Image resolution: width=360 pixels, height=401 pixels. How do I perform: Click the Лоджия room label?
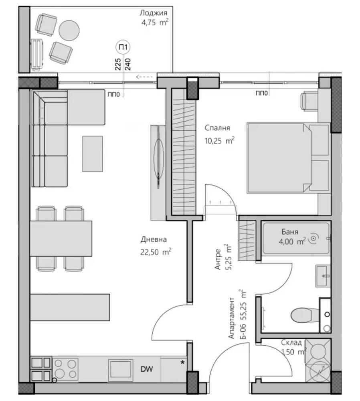coord(153,13)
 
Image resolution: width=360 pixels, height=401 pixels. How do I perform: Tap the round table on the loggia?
coord(69,30)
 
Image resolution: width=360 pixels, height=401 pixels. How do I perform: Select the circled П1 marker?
coord(123,47)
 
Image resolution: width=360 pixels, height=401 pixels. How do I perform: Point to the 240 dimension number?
coord(127,64)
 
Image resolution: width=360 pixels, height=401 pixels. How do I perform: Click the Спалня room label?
coord(217,128)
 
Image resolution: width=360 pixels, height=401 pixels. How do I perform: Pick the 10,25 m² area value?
coord(219,140)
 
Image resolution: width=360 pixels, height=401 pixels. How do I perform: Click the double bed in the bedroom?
coord(288,158)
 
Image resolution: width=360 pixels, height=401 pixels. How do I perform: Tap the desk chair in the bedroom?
coord(309,101)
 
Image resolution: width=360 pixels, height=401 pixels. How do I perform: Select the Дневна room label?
coord(154,239)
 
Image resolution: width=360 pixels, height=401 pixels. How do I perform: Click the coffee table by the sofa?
coord(93,154)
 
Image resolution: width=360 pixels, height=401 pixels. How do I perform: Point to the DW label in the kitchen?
coord(147,369)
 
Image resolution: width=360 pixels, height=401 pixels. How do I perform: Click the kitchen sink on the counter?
coord(121,370)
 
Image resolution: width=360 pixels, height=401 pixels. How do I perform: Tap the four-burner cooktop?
coord(65,369)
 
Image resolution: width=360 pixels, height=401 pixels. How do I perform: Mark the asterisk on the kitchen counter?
coord(182,363)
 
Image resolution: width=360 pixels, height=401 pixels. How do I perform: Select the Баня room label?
coord(290,232)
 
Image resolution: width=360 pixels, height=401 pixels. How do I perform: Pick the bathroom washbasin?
coord(323,276)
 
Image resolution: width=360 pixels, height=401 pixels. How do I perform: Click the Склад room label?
coord(291,342)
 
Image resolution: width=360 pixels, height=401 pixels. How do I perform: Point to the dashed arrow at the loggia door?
coord(145,77)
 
